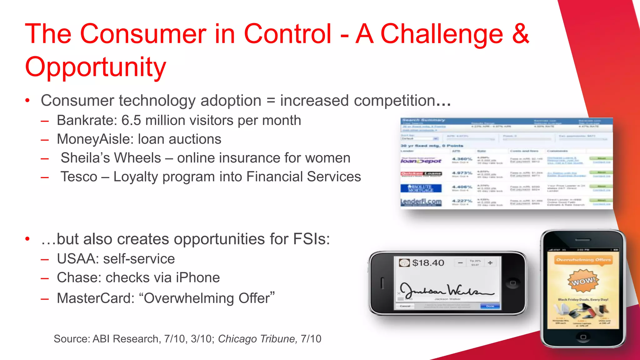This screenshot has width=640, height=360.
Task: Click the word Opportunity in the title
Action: click(x=95, y=67)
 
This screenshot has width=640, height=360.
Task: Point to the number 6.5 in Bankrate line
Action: click(x=131, y=120)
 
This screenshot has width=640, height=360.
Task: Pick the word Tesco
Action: click(x=79, y=177)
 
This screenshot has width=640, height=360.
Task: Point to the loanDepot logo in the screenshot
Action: click(x=421, y=161)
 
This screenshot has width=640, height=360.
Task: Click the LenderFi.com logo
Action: click(x=421, y=202)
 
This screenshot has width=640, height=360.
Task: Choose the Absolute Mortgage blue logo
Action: click(x=421, y=188)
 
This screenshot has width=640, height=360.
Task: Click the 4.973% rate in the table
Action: click(x=462, y=173)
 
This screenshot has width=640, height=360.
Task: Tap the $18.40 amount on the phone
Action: click(x=428, y=263)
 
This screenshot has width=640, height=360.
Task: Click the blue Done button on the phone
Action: click(x=490, y=306)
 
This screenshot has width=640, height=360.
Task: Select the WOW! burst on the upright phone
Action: click(x=583, y=281)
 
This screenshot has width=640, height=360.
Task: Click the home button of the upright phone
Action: click(x=583, y=337)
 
